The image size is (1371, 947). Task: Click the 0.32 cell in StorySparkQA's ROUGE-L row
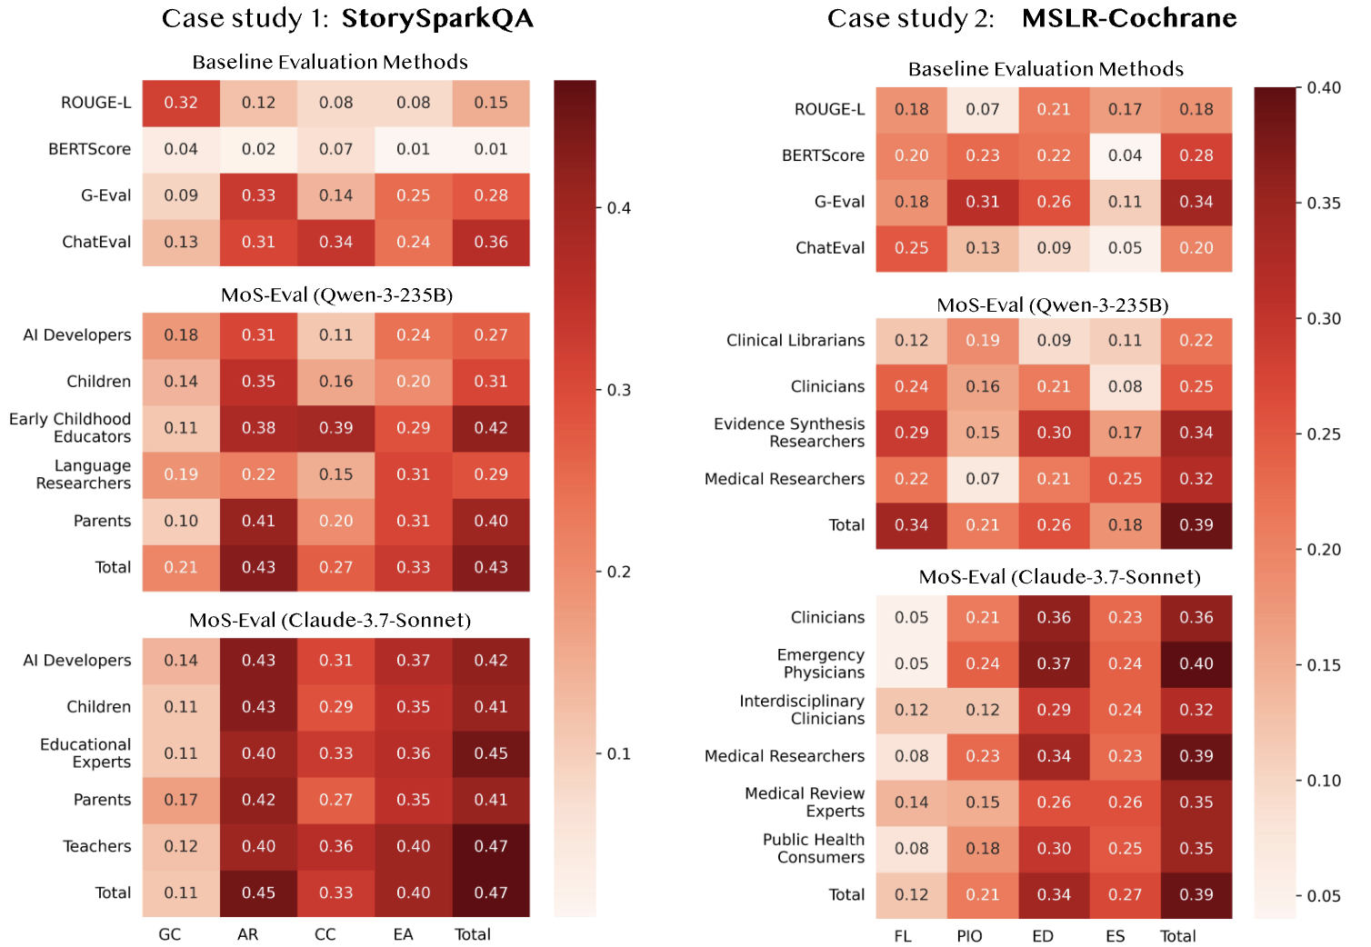[x=181, y=103]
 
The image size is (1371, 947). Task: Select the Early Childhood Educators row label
[x=70, y=428]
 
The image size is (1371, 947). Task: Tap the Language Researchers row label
[x=84, y=474]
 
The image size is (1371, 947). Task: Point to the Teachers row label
[x=97, y=846]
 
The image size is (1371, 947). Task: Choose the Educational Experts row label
[x=85, y=753]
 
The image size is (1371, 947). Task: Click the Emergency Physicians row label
[x=821, y=663]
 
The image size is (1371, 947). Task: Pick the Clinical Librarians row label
[x=796, y=340]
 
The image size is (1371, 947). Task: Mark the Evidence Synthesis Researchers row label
[x=789, y=433]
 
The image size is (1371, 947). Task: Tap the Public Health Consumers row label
[x=814, y=848]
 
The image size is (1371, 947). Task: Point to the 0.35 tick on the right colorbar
[x=1324, y=203]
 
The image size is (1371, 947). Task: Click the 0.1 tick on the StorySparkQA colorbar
[x=619, y=753]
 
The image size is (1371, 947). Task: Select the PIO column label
[x=969, y=936]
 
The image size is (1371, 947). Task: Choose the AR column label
[x=247, y=934]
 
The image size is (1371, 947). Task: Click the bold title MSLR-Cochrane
[x=1129, y=18]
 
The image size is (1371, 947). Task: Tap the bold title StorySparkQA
[x=437, y=18]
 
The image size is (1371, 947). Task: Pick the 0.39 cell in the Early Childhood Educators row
[x=336, y=428]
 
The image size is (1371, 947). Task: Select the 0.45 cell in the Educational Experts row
[x=491, y=753]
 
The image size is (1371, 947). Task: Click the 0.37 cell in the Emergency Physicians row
[x=1054, y=663]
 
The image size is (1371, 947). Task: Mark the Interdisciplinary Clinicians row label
[x=802, y=710]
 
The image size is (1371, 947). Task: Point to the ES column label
[x=1116, y=936]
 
